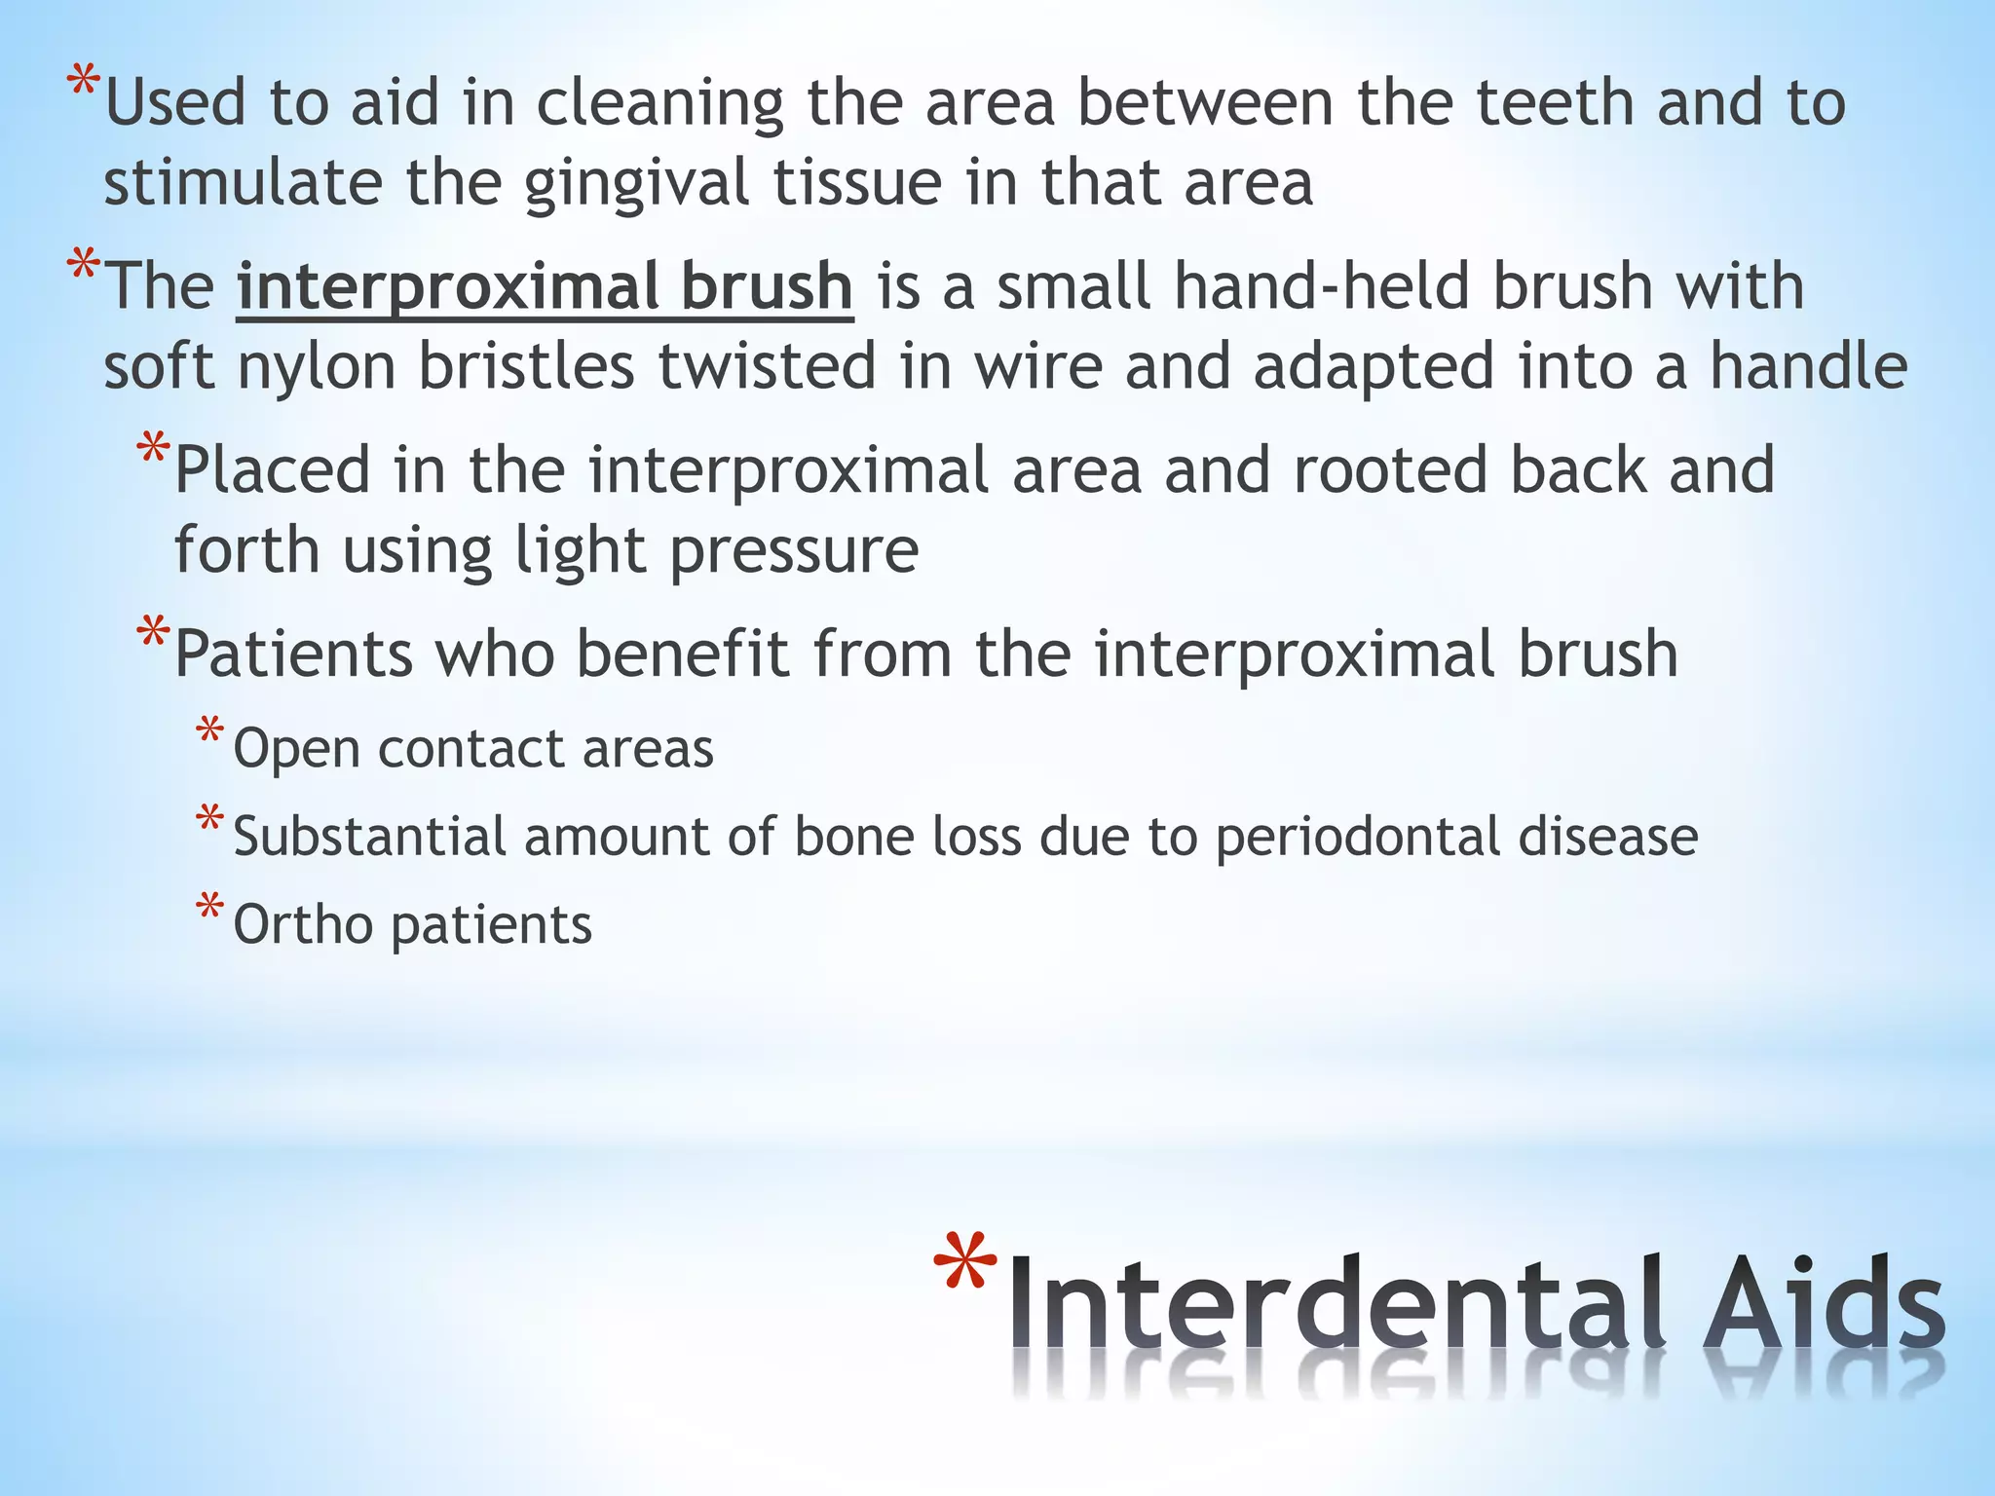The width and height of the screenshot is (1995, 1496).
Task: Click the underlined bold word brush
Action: point(767,286)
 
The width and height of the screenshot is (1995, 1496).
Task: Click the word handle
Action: point(1808,366)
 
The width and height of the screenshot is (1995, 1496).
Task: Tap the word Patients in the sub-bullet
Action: point(293,654)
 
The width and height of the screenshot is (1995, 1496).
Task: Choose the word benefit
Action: point(682,654)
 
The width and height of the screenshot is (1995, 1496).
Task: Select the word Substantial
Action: point(369,837)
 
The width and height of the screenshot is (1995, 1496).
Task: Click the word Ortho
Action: point(303,924)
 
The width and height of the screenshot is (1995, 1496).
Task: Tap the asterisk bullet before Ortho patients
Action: point(208,909)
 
